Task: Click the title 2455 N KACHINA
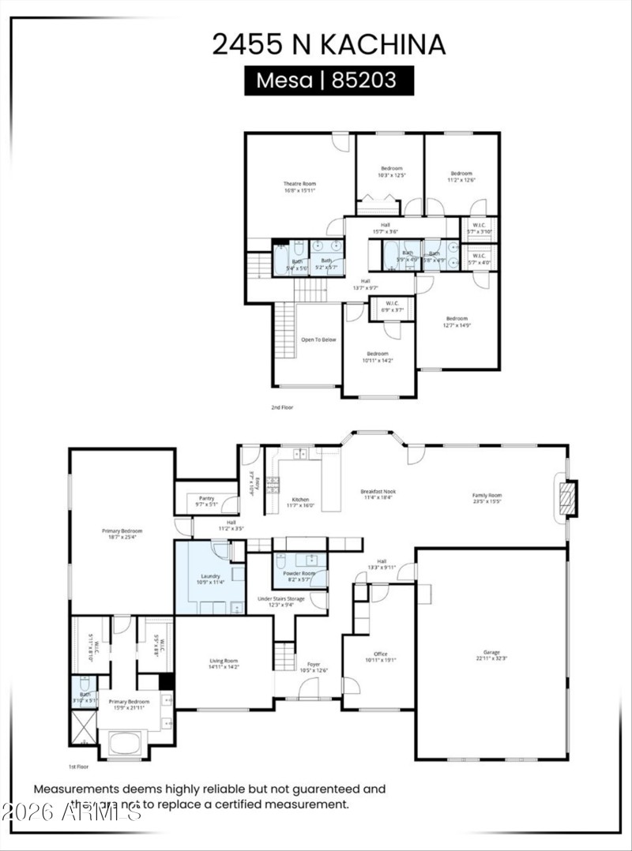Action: click(328, 44)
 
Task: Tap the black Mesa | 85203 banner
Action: click(328, 80)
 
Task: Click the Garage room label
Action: click(491, 654)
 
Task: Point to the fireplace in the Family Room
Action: click(566, 498)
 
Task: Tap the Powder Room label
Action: click(299, 573)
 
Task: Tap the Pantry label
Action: click(206, 498)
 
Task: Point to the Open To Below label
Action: click(318, 339)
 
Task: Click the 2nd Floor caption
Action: click(282, 407)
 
